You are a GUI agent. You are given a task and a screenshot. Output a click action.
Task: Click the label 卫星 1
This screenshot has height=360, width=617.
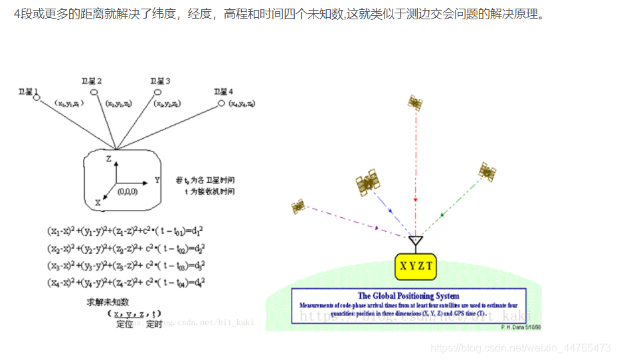click(29, 91)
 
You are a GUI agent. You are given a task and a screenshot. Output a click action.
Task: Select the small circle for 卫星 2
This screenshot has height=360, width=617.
click(94, 92)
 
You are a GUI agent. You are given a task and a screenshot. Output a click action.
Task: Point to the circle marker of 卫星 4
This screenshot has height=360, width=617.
click(222, 104)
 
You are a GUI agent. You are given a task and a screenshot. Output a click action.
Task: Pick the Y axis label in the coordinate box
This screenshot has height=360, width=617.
click(157, 179)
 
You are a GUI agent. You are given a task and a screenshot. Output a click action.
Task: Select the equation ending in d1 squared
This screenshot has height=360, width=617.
click(125, 231)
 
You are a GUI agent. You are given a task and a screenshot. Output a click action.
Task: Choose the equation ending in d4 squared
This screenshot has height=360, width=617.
click(126, 282)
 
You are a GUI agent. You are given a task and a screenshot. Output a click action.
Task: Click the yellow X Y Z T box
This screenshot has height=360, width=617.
click(416, 266)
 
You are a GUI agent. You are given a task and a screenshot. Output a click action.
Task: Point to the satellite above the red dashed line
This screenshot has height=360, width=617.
click(416, 102)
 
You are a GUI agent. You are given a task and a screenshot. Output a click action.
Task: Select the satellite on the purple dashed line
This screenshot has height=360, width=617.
click(298, 207)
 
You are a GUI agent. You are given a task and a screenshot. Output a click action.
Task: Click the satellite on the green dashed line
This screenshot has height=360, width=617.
click(487, 172)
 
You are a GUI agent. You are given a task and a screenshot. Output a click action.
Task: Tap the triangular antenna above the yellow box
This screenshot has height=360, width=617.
click(415, 240)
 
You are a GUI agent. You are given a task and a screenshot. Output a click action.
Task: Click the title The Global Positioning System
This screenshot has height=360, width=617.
click(408, 296)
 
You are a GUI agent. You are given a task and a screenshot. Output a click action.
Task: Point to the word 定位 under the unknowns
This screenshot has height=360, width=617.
click(125, 324)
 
